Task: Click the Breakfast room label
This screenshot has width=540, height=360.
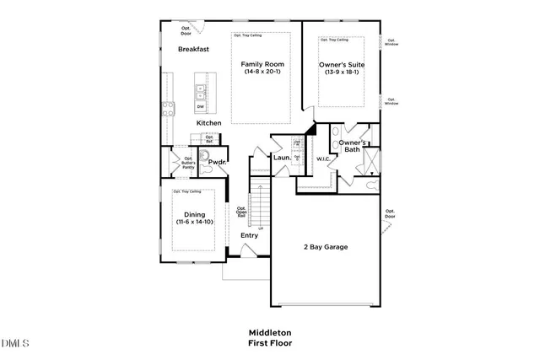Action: point(193,50)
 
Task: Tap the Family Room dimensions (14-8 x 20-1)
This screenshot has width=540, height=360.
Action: point(262,73)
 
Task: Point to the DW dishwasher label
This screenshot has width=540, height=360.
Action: point(201,107)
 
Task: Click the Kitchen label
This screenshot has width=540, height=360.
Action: point(209,123)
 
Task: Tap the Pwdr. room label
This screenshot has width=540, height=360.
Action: point(216,161)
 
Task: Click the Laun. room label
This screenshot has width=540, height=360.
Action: point(283,158)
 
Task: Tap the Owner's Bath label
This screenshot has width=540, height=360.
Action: point(353,148)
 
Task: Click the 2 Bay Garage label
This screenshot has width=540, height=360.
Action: point(326,247)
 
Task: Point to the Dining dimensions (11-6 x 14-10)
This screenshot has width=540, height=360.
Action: point(195,222)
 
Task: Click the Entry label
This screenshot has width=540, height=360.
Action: point(250,235)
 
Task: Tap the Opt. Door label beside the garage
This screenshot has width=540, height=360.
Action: point(390,213)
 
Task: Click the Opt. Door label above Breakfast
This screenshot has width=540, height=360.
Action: point(186,30)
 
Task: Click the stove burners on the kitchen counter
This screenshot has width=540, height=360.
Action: point(169,107)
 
